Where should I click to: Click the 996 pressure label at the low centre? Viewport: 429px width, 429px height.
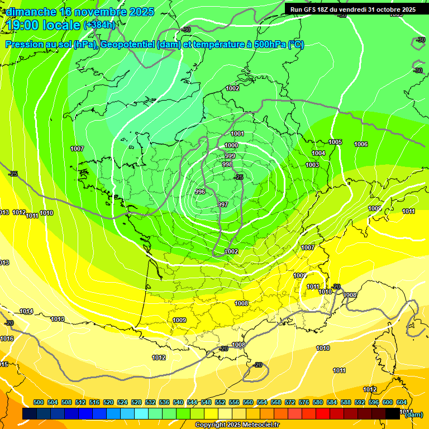[x=200, y=192]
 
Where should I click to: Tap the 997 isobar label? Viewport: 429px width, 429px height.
[x=223, y=205]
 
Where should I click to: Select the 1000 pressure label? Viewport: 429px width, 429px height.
[x=231, y=145]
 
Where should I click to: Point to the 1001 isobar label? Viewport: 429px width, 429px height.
[x=237, y=134]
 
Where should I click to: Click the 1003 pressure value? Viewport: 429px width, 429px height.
[x=312, y=165]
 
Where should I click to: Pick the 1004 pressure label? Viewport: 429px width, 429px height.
[x=318, y=153]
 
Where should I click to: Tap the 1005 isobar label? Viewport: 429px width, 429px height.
[x=335, y=142]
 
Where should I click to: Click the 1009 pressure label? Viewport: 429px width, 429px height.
[x=179, y=320]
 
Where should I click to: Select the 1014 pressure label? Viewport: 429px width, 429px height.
[x=26, y=311]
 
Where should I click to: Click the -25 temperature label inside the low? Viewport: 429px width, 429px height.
[x=239, y=177]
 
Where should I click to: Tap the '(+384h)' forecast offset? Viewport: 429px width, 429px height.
[x=99, y=25]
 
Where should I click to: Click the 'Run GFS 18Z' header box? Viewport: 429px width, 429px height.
[x=352, y=9]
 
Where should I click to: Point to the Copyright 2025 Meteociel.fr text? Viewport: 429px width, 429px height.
[x=237, y=425]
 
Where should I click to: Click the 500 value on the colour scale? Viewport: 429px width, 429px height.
[x=39, y=402]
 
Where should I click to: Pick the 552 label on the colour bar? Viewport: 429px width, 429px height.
[x=220, y=402]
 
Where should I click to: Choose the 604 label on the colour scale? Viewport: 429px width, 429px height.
[x=402, y=402]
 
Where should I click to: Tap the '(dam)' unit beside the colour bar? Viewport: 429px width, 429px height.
[x=414, y=414]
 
